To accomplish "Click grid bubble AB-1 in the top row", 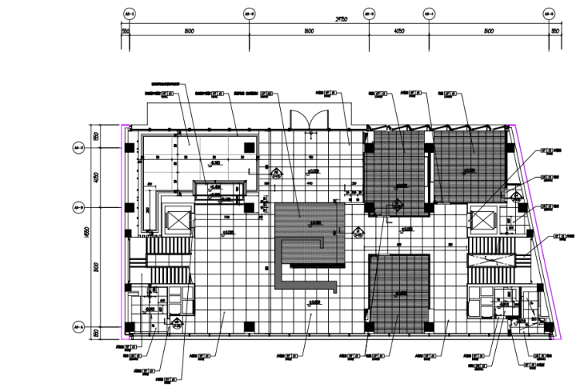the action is click(129, 14).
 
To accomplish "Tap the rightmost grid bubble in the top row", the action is click(549, 14).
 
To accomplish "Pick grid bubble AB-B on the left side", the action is click(77, 207).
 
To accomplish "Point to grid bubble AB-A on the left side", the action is click(77, 326).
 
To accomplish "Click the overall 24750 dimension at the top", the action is click(338, 19).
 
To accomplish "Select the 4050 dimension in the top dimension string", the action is click(398, 32).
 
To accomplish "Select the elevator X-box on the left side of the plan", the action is click(177, 220).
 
